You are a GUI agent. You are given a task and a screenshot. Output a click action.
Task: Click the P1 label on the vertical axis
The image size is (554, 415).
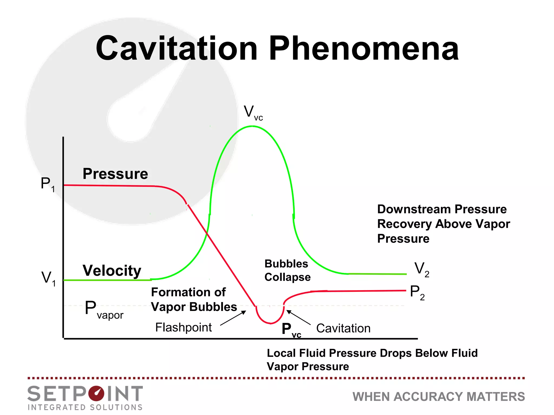48,184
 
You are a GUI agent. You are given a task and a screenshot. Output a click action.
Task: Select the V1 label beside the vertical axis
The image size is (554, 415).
48,278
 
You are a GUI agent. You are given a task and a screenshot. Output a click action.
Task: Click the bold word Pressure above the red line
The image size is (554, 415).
115,174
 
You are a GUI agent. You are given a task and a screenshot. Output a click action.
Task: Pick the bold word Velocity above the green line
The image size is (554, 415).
112,270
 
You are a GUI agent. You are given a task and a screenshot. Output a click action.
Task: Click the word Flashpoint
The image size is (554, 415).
183,327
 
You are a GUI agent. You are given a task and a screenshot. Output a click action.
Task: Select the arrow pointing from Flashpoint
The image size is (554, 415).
233,318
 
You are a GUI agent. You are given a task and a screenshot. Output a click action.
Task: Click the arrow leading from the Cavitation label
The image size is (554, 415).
298,317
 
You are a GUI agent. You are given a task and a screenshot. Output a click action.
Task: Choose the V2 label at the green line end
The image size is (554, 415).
421,269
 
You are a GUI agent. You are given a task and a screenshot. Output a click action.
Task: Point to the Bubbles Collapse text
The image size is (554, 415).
287,270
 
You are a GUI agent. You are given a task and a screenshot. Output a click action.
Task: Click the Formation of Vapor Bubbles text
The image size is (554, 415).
194,300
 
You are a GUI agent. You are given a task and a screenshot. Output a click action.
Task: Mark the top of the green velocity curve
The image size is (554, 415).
252,126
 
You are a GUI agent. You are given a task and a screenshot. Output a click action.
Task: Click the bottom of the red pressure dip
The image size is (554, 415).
271,323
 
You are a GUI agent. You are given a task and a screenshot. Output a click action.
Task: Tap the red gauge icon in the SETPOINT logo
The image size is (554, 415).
96,393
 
